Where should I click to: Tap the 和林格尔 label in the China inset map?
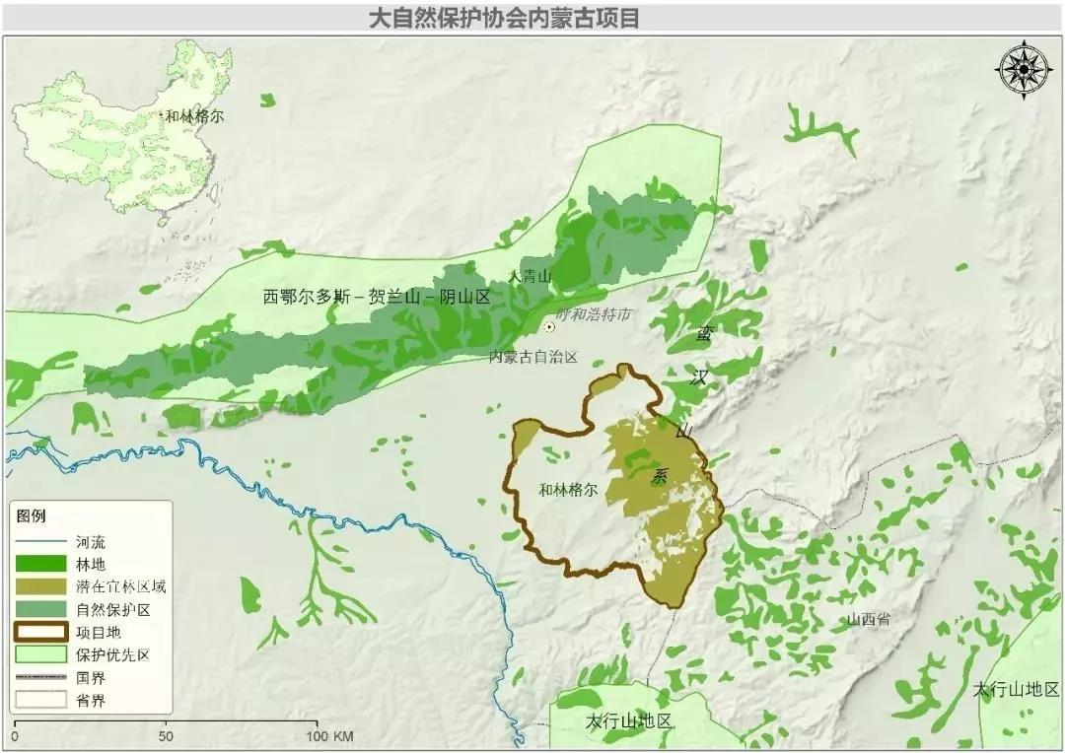point(194,116)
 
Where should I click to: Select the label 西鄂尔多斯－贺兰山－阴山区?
point(377,296)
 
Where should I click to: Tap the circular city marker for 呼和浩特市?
point(549,326)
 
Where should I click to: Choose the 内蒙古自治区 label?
point(532,357)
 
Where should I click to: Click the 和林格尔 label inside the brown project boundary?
point(570,489)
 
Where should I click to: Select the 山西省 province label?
point(868,620)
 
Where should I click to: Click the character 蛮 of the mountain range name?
point(703,334)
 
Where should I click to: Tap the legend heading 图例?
point(32,515)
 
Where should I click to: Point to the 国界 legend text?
point(90,678)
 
